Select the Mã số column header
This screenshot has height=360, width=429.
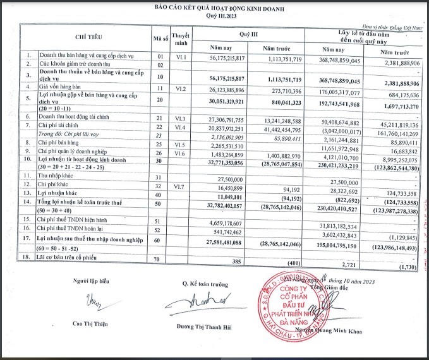point(160,39)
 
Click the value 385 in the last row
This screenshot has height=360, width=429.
point(238,260)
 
